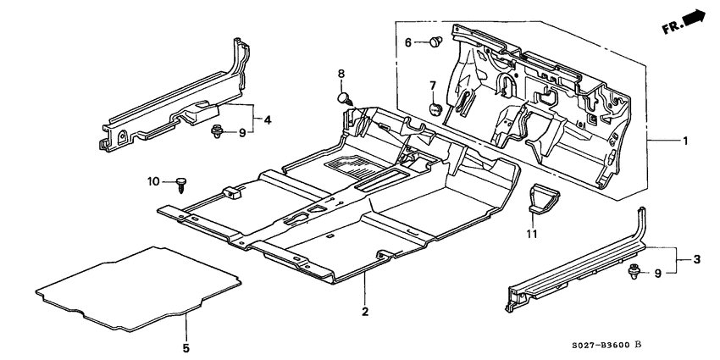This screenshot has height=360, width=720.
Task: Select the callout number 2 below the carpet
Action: pos(365,312)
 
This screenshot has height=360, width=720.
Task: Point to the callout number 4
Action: pos(268,119)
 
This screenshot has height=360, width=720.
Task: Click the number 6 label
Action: pos(407,42)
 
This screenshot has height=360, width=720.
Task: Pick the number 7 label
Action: pos(431,85)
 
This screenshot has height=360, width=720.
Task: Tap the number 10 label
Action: pos(154,180)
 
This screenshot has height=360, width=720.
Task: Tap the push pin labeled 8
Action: pos(345,98)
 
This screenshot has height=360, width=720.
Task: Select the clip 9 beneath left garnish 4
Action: pos(217,131)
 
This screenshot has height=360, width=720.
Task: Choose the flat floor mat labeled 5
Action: pos(136,286)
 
